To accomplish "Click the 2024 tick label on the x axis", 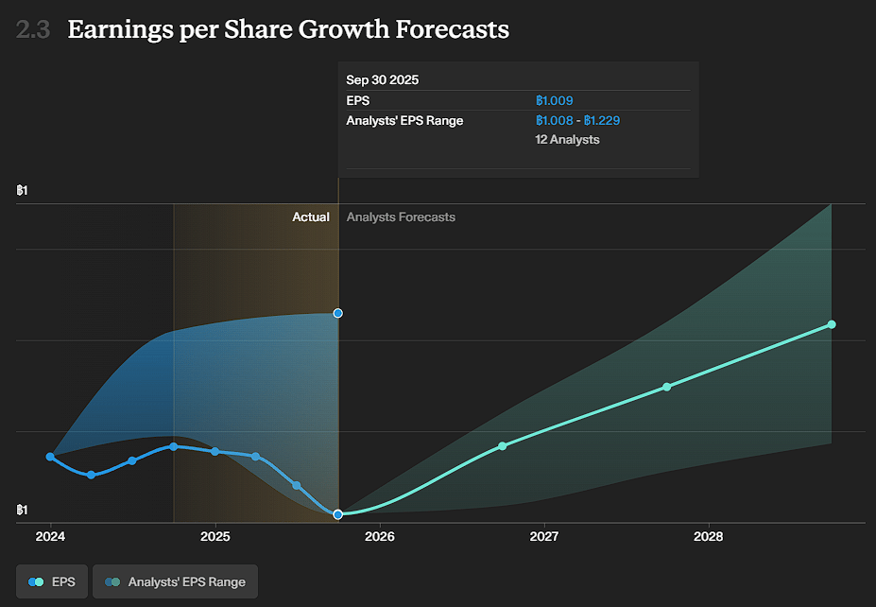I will click(x=50, y=536).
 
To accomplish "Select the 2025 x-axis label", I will click(x=215, y=536).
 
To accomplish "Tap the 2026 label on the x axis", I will click(x=380, y=536).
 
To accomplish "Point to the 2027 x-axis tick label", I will click(x=544, y=536).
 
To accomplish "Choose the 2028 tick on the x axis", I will click(x=709, y=536).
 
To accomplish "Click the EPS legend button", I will click(x=52, y=581).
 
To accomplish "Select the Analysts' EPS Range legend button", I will click(x=175, y=581).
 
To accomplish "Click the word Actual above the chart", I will click(x=311, y=217).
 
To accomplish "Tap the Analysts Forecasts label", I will click(x=401, y=217).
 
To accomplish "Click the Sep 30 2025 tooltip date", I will click(x=384, y=79).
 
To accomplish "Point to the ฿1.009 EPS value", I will click(x=555, y=100).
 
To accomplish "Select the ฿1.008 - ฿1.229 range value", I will click(x=577, y=120).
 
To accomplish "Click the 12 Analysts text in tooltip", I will click(x=567, y=140).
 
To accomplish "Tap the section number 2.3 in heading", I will click(x=33, y=29).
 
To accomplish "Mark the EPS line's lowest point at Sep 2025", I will click(x=338, y=514).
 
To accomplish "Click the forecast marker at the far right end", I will click(x=832, y=324).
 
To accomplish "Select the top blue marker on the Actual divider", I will click(x=337, y=313).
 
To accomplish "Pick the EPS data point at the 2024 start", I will click(x=50, y=457).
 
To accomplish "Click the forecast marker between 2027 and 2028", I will click(x=666, y=387).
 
